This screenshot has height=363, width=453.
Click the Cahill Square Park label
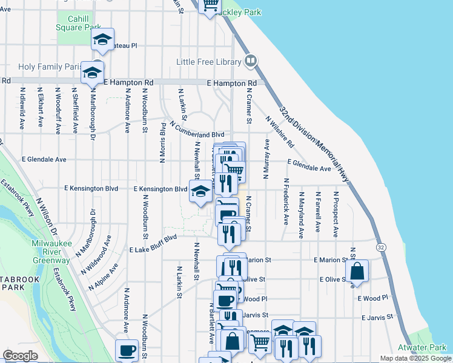point(78,23)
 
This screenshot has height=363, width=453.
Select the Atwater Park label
point(422,347)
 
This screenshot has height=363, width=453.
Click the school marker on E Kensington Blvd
point(200,192)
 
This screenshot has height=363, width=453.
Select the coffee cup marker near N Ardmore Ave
point(127,350)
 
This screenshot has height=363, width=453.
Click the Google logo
point(20,355)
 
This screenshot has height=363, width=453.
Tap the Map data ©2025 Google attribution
point(415,358)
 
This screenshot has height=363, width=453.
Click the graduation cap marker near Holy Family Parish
point(92,73)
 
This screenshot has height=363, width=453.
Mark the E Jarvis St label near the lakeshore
point(377,317)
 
